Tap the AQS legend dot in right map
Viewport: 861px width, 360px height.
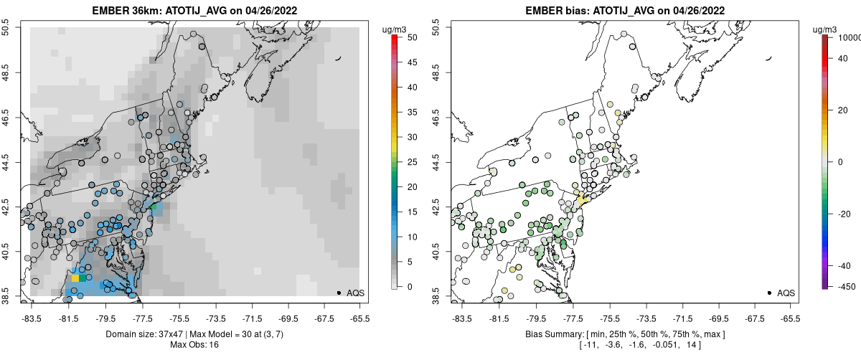(769, 293)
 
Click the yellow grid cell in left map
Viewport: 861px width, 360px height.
(75, 278)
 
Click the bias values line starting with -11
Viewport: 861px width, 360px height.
(624, 346)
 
